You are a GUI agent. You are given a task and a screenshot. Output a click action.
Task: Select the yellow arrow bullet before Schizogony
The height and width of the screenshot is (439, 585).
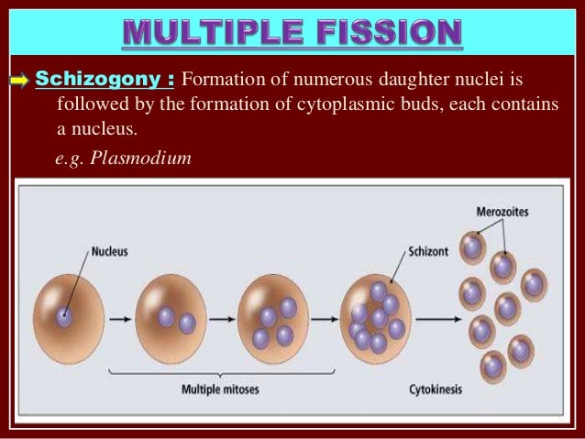tap(19, 80)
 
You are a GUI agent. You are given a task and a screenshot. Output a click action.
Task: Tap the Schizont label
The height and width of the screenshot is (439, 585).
tap(425, 248)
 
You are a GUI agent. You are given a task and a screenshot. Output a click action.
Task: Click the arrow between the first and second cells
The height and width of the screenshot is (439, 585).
tap(118, 319)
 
